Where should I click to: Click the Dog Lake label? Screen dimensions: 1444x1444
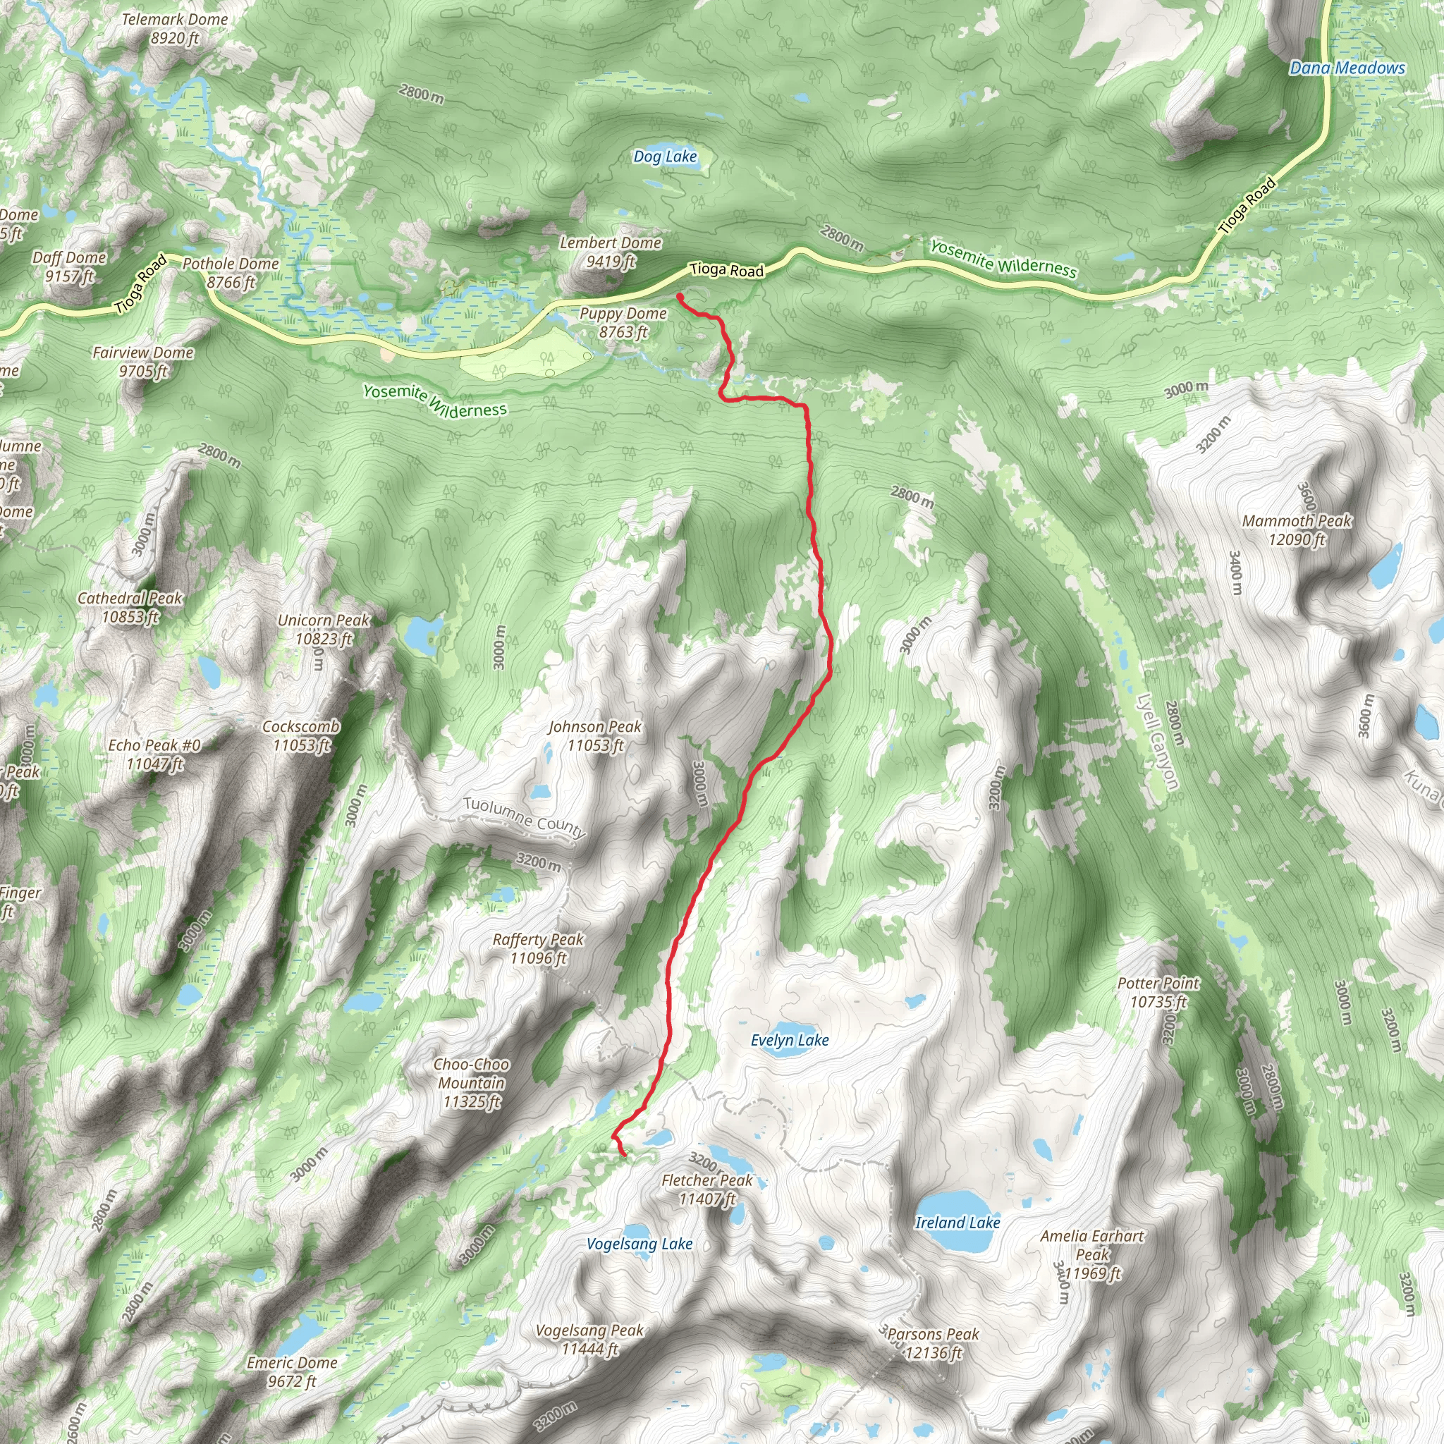pyautogui.click(x=664, y=157)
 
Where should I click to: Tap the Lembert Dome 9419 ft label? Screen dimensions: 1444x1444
pyautogui.click(x=611, y=252)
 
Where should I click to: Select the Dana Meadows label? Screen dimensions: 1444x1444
pyautogui.click(x=1347, y=68)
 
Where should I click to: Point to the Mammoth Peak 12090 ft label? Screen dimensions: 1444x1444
pyautogui.click(x=1297, y=530)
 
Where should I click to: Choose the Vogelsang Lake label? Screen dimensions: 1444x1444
pyautogui.click(x=639, y=1244)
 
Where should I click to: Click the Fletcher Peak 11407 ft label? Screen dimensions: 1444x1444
pyautogui.click(x=707, y=1189)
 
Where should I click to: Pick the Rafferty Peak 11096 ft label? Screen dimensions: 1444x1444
pyautogui.click(x=538, y=948)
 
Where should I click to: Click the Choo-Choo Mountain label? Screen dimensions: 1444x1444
pyautogui.click(x=472, y=1082)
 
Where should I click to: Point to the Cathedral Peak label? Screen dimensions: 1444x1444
pyautogui.click(x=130, y=607)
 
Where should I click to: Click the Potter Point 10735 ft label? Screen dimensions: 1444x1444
pyautogui.click(x=1158, y=992)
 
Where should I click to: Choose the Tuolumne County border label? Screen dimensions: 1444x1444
pyautogui.click(x=524, y=816)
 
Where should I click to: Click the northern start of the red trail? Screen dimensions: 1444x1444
pyautogui.click(x=680, y=297)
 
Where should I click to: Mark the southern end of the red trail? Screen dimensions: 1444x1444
pyautogui.click(x=624, y=1155)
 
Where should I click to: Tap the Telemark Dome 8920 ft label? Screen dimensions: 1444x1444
pyautogui.click(x=175, y=28)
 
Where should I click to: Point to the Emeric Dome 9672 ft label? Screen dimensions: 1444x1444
pyautogui.click(x=292, y=1371)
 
